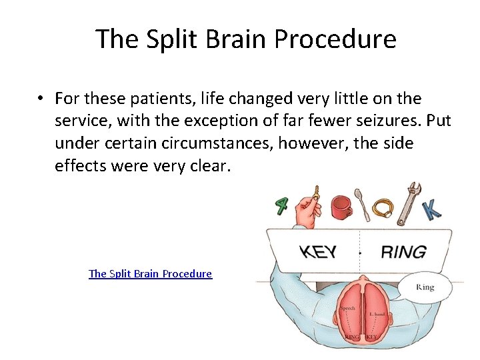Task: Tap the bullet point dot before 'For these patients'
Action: (x=41, y=99)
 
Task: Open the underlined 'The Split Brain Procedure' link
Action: (x=150, y=273)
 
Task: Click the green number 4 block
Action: (x=282, y=205)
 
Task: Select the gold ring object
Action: (x=384, y=209)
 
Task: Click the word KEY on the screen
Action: (x=317, y=253)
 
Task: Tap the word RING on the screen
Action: (x=403, y=252)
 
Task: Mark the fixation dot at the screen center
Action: (x=360, y=253)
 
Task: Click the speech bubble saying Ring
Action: (x=425, y=287)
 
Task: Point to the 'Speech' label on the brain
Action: (x=347, y=309)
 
